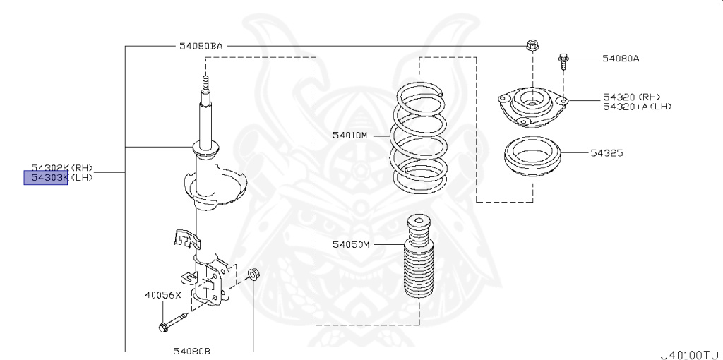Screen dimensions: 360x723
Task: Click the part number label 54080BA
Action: click(x=201, y=47)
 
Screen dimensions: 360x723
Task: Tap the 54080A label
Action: click(x=621, y=59)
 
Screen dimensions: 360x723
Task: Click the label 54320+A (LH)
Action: click(x=636, y=107)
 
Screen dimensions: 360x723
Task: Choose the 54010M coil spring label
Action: click(x=350, y=134)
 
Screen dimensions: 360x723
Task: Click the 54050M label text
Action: click(x=351, y=245)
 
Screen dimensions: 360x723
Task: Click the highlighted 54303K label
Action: click(x=47, y=177)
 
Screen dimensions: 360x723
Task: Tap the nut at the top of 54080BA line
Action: click(x=531, y=47)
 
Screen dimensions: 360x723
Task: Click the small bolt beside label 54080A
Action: click(x=564, y=61)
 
